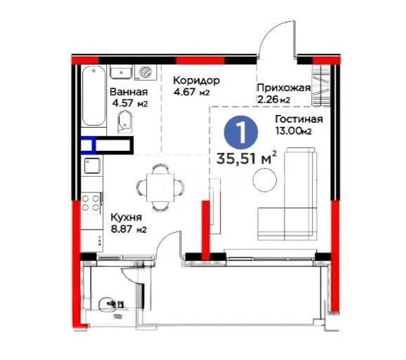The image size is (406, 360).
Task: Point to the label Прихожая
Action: pyautogui.click(x=283, y=88)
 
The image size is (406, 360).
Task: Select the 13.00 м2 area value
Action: pyautogui.click(x=293, y=130)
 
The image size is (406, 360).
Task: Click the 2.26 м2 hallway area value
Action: pyautogui.click(x=273, y=100)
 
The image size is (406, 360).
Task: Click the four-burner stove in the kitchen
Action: pyautogui.click(x=90, y=204)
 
